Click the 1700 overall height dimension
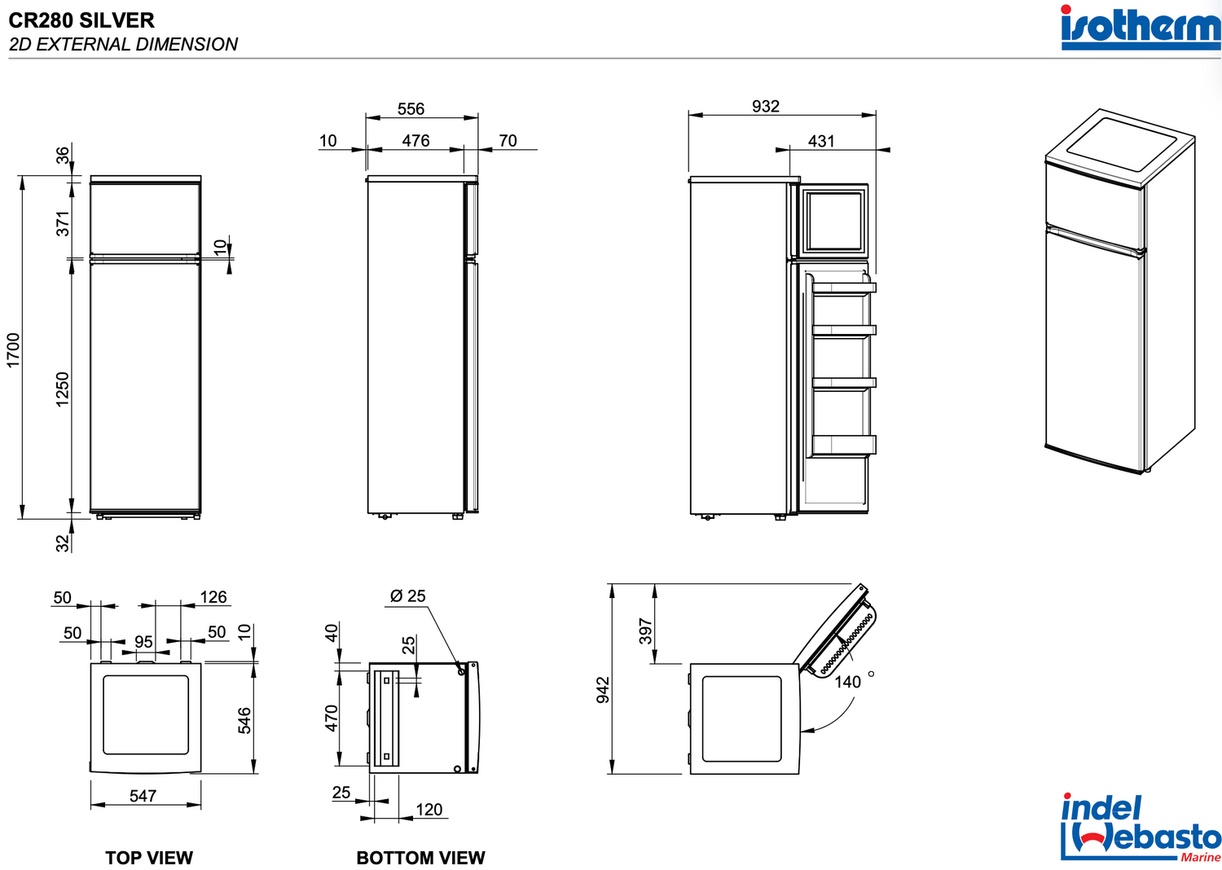[13, 350]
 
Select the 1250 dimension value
[63, 389]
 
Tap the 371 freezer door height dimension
[64, 224]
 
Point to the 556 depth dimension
[411, 109]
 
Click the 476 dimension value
[415, 141]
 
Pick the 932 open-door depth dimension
[766, 107]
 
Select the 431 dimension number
[821, 141]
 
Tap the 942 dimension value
[603, 690]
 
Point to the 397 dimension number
[645, 631]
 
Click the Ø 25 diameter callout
[407, 596]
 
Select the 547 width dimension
[143, 796]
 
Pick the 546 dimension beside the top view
[244, 721]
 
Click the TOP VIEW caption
[149, 858]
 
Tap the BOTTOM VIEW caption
[420, 858]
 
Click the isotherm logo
[1141, 27]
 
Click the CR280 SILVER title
[81, 20]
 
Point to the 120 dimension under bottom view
[429, 810]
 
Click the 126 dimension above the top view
[213, 597]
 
